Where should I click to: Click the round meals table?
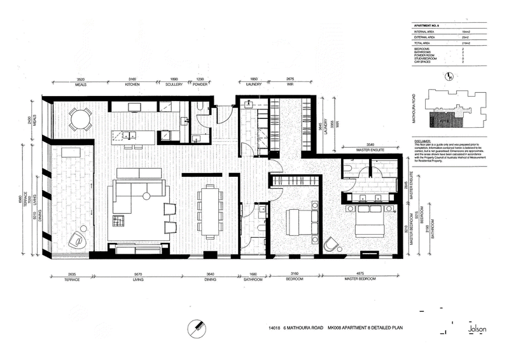pos(81,119)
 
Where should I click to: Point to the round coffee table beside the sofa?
pos(146,195)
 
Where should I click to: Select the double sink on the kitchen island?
pos(128,134)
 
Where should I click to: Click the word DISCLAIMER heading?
pos(423,141)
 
